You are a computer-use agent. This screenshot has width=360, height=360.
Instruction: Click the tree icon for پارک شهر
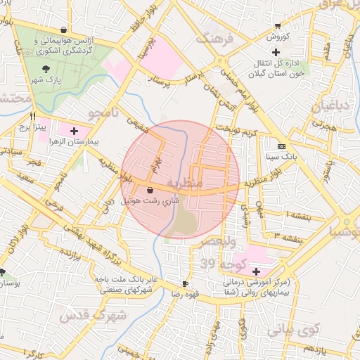pos(46,69)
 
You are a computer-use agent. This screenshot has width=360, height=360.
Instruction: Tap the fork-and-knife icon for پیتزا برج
pos(32,116)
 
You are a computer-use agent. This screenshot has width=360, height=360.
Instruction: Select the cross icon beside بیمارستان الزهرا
pos(75,131)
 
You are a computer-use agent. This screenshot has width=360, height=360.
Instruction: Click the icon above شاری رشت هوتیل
pos(150,191)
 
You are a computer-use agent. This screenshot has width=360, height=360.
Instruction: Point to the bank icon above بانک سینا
pos(281,138)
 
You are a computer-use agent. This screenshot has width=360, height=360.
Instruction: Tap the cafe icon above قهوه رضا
pos(185,283)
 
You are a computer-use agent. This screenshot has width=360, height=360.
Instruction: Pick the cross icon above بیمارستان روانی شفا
pos(255,271)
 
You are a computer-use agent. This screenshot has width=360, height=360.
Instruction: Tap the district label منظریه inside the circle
pos(185,183)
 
